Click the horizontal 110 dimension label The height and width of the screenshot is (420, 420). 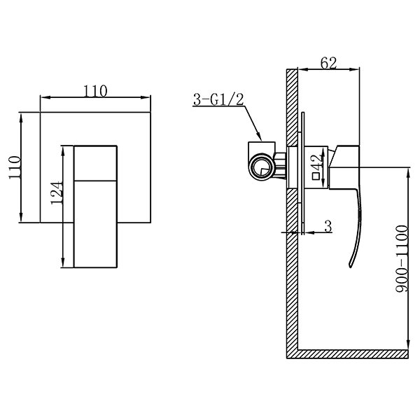click(x=95, y=91)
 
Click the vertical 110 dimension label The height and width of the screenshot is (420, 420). click(x=15, y=167)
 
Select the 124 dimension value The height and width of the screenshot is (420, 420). click(x=57, y=193)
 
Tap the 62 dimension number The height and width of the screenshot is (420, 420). click(x=328, y=63)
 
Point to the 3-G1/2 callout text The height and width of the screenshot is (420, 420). click(x=218, y=99)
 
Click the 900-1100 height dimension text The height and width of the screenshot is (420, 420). click(x=402, y=258)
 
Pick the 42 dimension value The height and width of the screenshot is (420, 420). click(x=318, y=162)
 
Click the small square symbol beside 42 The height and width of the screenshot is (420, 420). click(x=316, y=176)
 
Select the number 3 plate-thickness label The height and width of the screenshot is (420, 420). click(x=328, y=227)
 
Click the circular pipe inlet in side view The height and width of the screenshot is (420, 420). click(x=261, y=167)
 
